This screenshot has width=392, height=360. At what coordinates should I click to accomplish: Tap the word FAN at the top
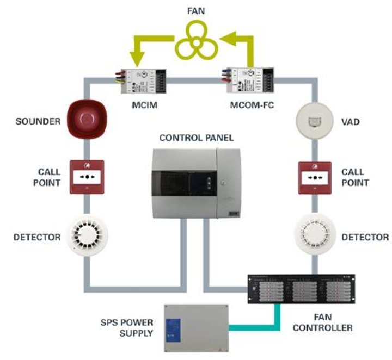click(x=196, y=9)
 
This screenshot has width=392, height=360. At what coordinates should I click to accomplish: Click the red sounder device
click(x=86, y=121)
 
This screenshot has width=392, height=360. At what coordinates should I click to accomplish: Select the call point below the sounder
click(x=86, y=177)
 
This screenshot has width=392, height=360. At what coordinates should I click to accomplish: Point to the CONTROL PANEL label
click(x=196, y=138)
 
